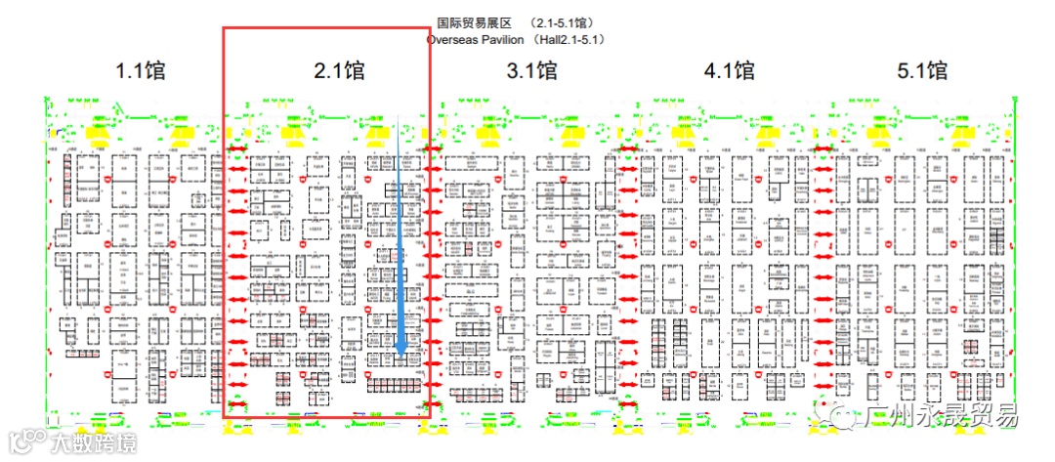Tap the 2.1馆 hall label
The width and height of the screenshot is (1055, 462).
339,71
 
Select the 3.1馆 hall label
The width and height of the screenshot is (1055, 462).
532,71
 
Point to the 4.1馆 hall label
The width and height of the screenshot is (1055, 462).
729,71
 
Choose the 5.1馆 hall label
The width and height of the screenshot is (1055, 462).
922,71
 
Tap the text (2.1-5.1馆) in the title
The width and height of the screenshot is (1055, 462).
563,22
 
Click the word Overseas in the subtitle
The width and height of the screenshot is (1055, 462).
451,40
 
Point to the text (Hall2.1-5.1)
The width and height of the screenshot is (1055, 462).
572,40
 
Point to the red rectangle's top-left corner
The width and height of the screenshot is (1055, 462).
224,27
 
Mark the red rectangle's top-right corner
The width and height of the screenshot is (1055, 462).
430,27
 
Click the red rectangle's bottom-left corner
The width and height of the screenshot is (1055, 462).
224,418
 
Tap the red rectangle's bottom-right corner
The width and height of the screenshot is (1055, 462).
430,418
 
